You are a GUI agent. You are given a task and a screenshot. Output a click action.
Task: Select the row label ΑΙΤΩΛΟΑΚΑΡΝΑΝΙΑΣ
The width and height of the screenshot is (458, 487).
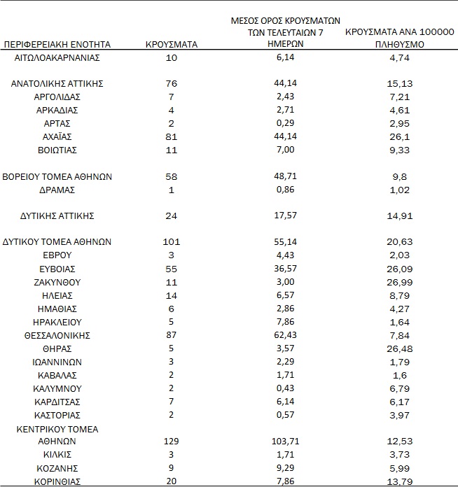click(x=57, y=57)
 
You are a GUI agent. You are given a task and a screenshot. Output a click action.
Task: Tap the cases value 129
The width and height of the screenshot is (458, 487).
click(x=171, y=442)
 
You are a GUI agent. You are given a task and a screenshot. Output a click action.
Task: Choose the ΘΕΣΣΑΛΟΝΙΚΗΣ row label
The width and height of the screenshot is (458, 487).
click(x=57, y=336)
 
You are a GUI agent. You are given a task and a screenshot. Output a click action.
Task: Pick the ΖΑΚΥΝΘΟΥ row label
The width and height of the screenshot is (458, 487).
click(x=57, y=282)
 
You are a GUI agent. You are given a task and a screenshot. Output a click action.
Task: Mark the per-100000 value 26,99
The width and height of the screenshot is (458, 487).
click(x=400, y=283)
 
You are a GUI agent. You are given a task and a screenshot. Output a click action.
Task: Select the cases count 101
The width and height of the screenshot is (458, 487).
click(x=171, y=242)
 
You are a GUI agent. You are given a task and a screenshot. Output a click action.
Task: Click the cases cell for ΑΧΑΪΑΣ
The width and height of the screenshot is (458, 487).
click(x=171, y=136)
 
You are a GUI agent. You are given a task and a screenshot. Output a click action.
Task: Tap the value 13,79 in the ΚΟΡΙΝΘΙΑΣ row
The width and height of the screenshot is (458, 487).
click(x=400, y=482)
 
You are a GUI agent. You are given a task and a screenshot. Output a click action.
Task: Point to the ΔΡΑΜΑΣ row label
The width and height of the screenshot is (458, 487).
click(x=57, y=190)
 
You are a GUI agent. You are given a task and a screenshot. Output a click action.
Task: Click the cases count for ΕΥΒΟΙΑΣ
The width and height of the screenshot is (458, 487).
click(x=171, y=269)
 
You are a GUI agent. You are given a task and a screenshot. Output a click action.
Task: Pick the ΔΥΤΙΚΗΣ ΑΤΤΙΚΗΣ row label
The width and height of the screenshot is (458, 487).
click(x=57, y=216)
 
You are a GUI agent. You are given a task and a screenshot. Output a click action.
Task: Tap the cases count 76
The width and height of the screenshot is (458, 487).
click(x=171, y=83)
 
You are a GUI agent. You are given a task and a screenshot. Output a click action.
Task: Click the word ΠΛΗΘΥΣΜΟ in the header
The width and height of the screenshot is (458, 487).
click(x=400, y=44)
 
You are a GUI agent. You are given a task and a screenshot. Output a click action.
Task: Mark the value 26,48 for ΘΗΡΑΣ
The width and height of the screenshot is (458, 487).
click(x=400, y=349)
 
